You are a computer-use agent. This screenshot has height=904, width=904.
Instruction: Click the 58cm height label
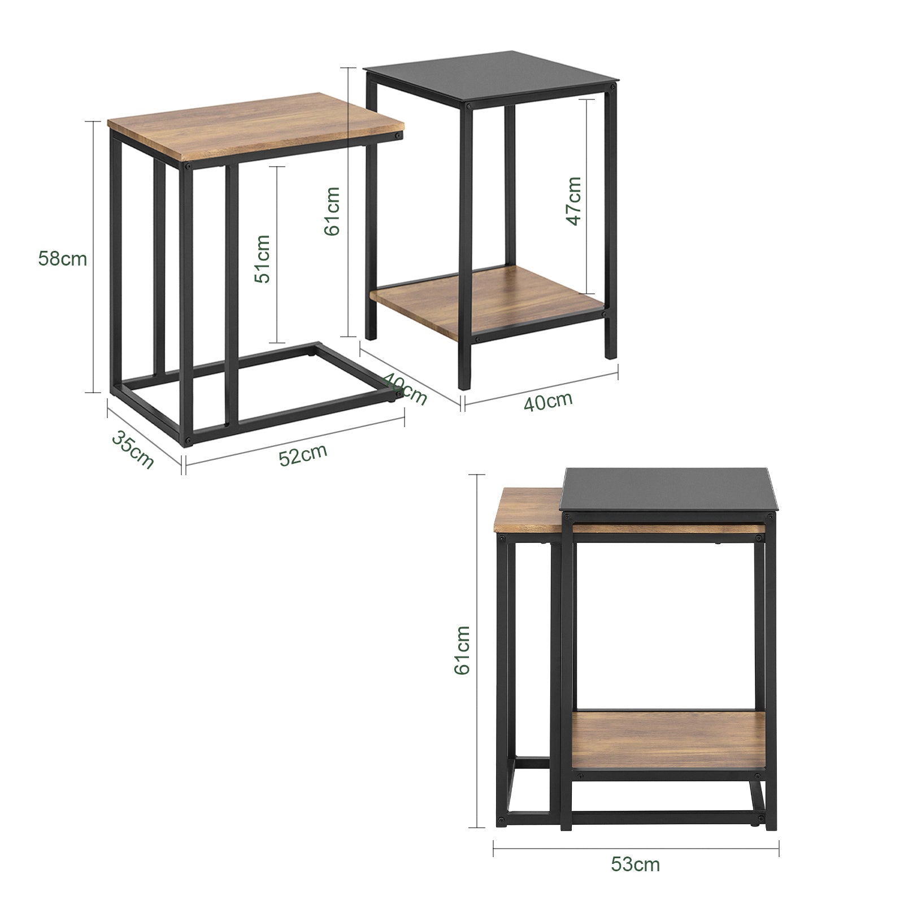(x=63, y=259)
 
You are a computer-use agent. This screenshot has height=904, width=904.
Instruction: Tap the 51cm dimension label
(x=262, y=258)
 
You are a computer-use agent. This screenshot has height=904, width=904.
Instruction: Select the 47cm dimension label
(x=573, y=201)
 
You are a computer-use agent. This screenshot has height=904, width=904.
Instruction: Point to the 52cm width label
(x=303, y=454)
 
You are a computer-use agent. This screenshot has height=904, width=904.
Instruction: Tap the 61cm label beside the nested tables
(x=462, y=649)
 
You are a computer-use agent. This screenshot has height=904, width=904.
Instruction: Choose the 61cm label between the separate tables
(x=332, y=211)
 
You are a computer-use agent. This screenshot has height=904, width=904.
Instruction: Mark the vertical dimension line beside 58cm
(x=94, y=257)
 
